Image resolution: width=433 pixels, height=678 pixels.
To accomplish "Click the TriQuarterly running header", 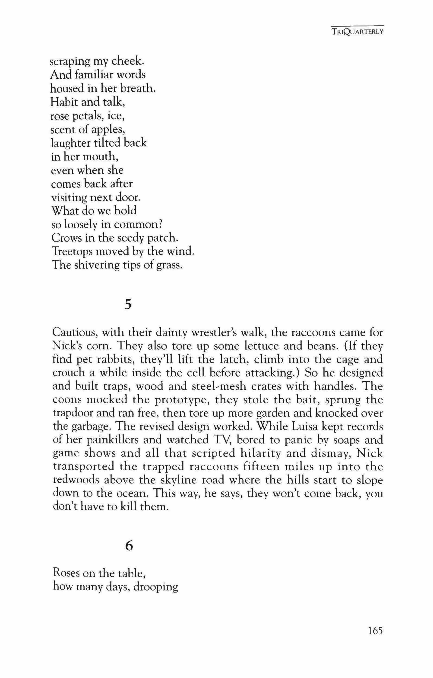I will [357, 32].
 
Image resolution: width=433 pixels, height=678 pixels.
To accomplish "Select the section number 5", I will [128, 305].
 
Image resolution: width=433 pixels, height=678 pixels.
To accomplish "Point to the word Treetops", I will [72, 252].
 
